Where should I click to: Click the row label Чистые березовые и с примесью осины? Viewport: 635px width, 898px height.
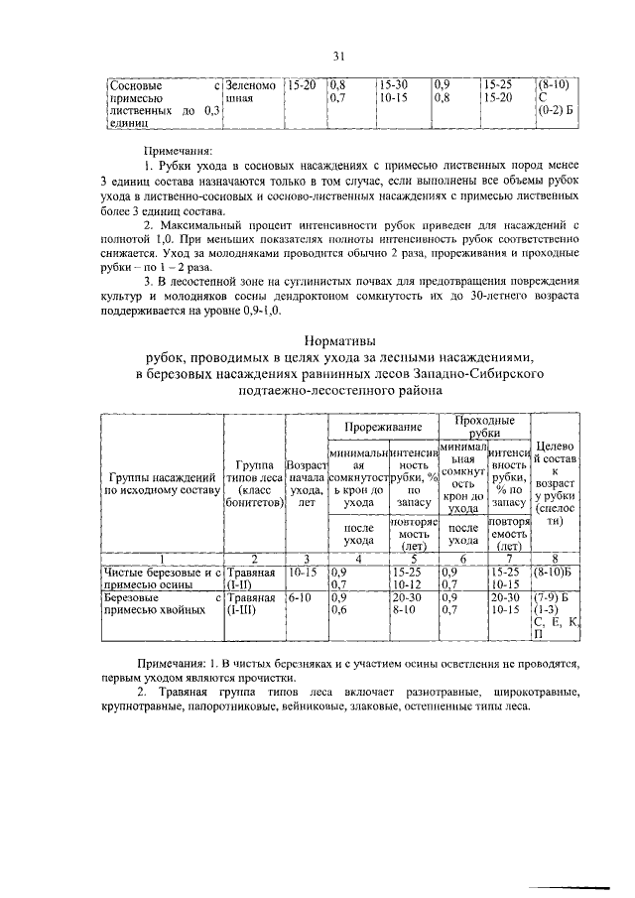161,577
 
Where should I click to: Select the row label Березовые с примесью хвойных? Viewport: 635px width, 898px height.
161,605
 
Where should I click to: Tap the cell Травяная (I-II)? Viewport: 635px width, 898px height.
253,577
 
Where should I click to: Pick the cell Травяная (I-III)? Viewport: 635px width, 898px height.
253,605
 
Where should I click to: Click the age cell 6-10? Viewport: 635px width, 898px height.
300,599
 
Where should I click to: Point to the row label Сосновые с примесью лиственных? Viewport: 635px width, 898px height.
161,105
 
